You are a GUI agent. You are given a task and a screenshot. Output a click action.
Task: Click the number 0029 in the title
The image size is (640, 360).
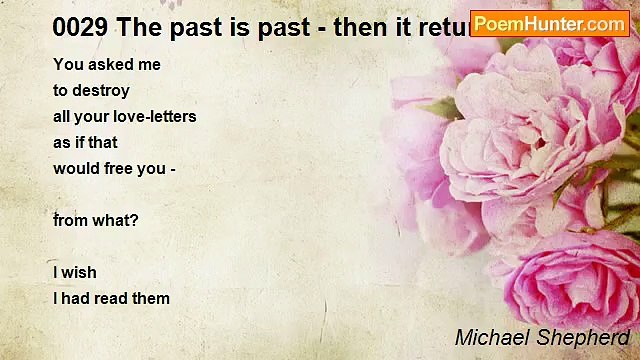click(x=81, y=27)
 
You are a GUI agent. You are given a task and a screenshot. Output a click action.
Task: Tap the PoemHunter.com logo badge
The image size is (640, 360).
click(x=549, y=23)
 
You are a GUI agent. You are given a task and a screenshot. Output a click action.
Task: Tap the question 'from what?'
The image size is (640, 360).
click(x=96, y=220)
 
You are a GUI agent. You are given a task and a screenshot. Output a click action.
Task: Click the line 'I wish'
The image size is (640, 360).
click(x=75, y=272)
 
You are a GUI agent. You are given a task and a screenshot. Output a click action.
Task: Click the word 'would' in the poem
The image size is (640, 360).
click(x=77, y=168)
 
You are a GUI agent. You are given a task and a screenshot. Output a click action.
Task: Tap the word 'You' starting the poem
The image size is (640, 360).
click(x=68, y=65)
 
